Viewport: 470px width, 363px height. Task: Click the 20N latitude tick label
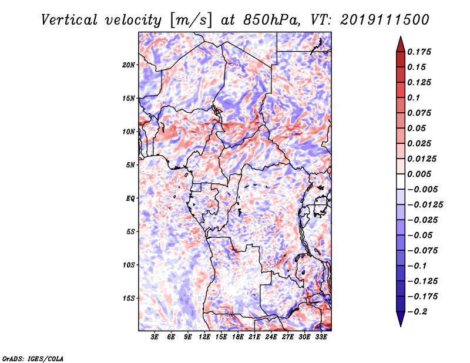click(128, 65)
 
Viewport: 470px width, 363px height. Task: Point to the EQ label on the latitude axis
click(130, 199)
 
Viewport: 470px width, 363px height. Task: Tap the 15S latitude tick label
click(128, 298)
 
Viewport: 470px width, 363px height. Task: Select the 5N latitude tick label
click(130, 165)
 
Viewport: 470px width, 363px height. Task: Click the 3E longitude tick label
click(155, 337)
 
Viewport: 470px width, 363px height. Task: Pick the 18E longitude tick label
click(238, 337)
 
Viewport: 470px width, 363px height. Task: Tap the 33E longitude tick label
click(321, 337)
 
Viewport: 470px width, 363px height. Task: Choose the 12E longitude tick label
click(204, 337)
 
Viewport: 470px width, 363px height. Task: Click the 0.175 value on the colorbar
click(419, 52)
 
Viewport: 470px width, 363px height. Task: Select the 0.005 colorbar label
click(419, 174)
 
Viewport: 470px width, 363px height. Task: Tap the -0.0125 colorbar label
click(425, 205)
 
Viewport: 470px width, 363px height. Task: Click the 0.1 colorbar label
click(414, 98)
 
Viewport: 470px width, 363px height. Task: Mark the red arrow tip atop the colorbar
click(401, 36)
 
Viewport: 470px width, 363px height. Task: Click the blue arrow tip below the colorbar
click(401, 326)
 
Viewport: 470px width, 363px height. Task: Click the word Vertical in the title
click(69, 20)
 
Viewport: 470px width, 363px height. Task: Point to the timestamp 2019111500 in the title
click(385, 20)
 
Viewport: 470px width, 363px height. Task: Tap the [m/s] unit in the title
click(192, 21)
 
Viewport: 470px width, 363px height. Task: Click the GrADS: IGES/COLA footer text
click(33, 359)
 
